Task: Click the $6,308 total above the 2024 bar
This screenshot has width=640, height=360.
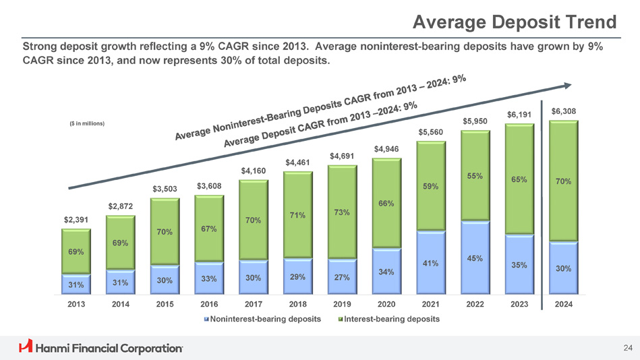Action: click(x=564, y=111)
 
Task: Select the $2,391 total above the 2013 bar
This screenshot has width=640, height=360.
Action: click(x=76, y=220)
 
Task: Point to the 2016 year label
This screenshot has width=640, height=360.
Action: click(x=209, y=305)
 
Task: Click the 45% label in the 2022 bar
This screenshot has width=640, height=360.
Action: click(x=475, y=258)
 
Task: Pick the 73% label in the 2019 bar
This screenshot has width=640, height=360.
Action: click(x=341, y=213)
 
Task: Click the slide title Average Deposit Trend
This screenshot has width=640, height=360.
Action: click(x=515, y=23)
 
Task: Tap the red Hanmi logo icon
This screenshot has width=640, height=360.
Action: click(x=26, y=347)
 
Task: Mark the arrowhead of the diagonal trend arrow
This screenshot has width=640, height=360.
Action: click(x=569, y=85)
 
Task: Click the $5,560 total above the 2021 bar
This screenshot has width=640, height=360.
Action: click(x=431, y=132)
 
